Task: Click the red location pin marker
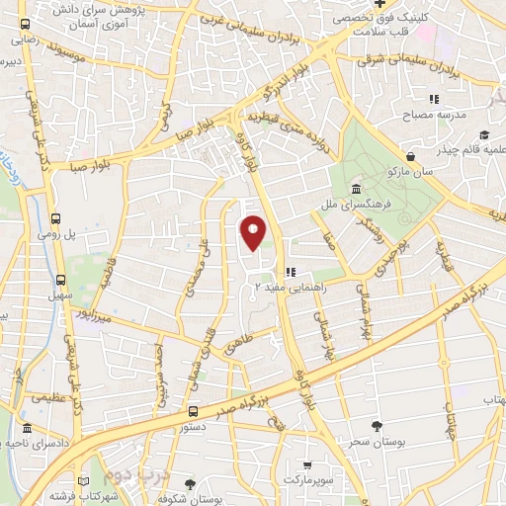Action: coord(254,231)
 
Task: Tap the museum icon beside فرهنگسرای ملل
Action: coord(355,190)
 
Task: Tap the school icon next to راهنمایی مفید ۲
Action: coord(291,272)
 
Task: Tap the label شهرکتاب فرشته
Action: coord(61,495)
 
